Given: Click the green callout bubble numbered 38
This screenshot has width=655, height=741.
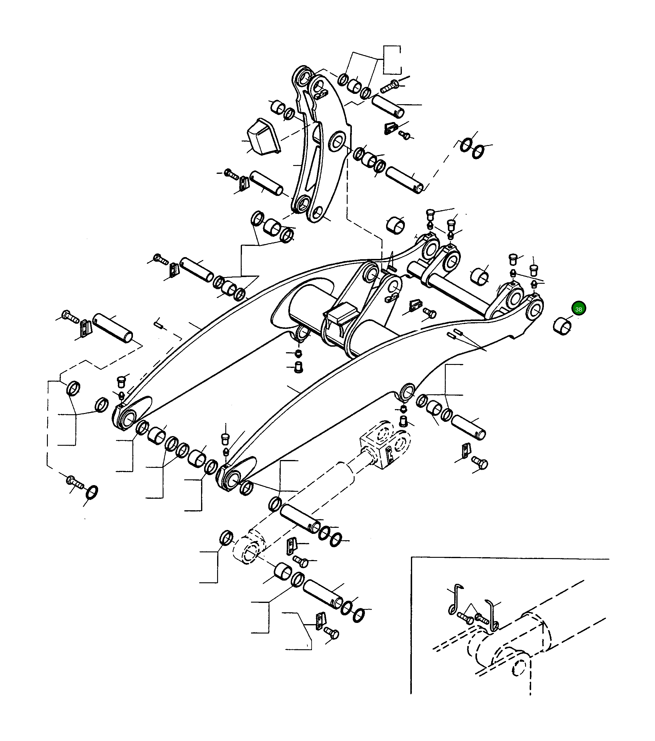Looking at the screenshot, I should (578, 309).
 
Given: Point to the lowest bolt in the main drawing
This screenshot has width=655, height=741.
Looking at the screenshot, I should (331, 633).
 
